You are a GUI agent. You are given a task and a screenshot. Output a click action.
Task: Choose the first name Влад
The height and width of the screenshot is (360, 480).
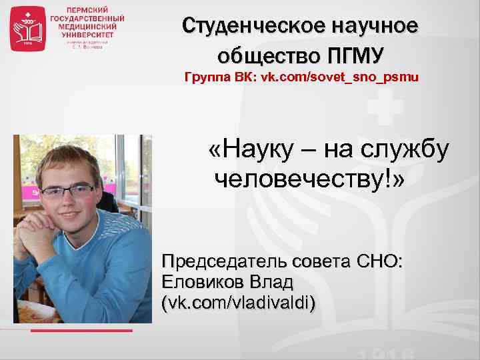(x=274, y=281)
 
